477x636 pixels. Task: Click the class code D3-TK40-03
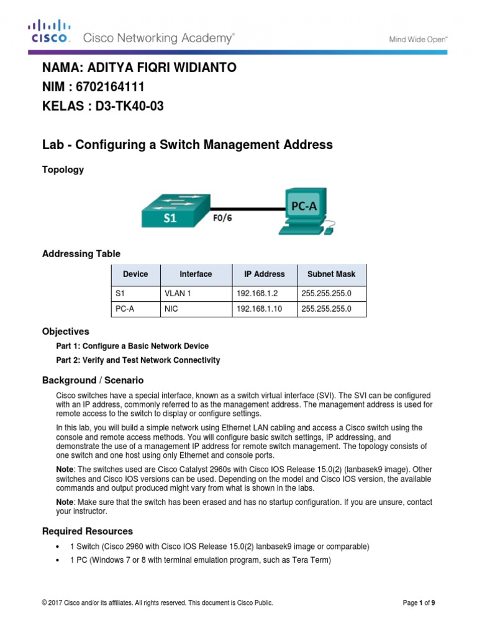tap(129, 106)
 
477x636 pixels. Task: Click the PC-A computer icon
tap(304, 211)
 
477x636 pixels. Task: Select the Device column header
tap(135, 274)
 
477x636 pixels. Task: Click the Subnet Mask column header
tap(331, 274)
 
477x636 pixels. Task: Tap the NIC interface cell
tap(171, 308)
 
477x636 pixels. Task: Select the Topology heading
tap(63, 170)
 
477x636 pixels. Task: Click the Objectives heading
tap(65, 332)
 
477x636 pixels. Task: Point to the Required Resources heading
tap(87, 531)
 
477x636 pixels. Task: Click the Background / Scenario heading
tap(93, 379)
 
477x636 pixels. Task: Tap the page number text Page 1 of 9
tap(423, 602)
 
